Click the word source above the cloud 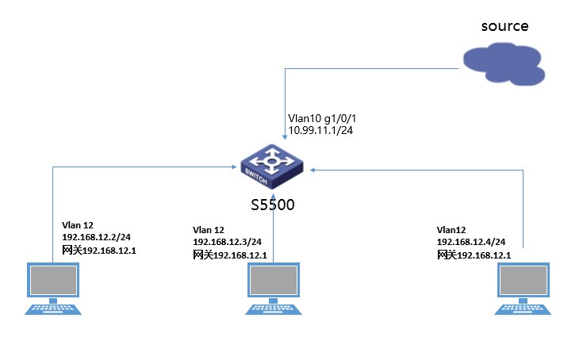click(504, 25)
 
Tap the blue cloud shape click(504, 67)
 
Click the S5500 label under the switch click(273, 205)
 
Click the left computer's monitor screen click(53, 281)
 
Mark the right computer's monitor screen click(524, 281)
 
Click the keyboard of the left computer click(53, 308)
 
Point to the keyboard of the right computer click(524, 308)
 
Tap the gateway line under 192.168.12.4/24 click(474, 255)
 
